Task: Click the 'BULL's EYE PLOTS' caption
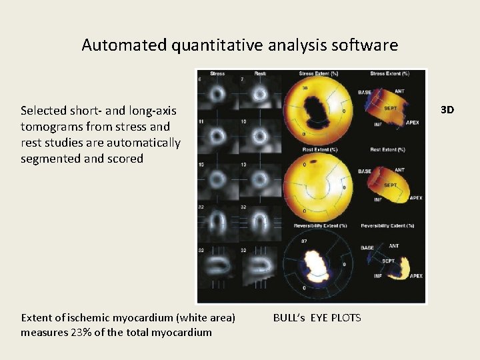click(x=317, y=318)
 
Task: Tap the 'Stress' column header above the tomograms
click(x=217, y=73)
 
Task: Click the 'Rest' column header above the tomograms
click(x=261, y=73)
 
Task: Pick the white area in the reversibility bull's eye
click(x=313, y=259)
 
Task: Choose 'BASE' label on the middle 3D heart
click(x=365, y=171)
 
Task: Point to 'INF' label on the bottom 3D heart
click(x=378, y=275)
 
